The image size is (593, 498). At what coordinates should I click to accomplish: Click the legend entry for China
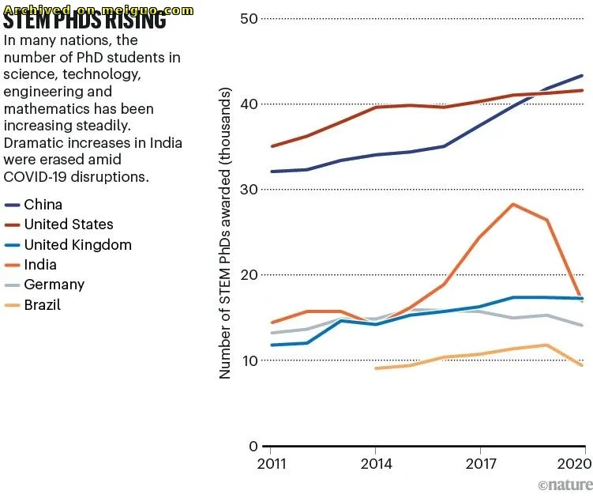coord(43,205)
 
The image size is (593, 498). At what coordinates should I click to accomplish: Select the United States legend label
coord(69,224)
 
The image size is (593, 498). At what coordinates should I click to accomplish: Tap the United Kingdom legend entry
coord(77,245)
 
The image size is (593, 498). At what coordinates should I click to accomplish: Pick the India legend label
coord(39,265)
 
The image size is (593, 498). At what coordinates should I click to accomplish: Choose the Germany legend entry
coord(54,285)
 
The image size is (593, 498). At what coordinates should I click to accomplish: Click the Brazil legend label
coord(42,304)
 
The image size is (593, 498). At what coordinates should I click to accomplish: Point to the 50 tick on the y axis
coord(249,18)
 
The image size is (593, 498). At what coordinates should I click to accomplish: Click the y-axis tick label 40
coord(249,104)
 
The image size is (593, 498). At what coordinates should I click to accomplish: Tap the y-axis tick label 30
coord(249,190)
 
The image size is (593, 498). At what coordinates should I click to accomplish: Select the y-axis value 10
coord(249,360)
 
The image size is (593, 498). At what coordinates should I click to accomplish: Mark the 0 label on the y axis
coord(253,446)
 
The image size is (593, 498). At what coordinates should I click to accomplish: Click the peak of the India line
coord(513,204)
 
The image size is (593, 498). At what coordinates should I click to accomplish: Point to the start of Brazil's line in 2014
coord(376,368)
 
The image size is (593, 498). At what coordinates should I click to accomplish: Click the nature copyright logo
coord(565,484)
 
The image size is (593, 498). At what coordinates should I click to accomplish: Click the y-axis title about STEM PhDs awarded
coord(226,234)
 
